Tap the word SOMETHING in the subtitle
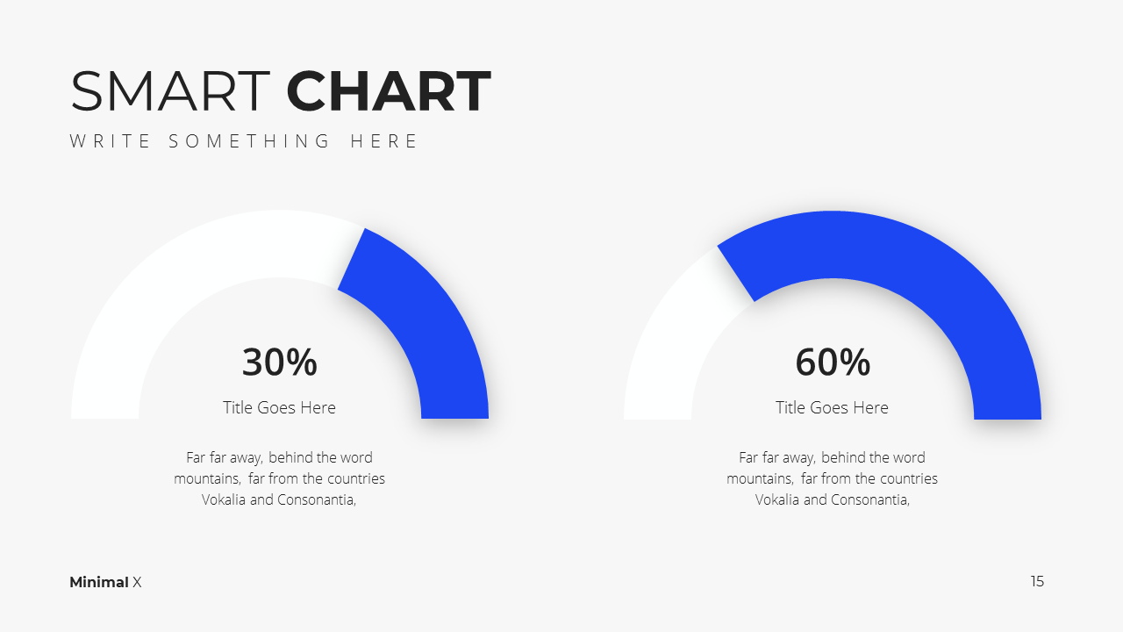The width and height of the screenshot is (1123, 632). (x=248, y=141)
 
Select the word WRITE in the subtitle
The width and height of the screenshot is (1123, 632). (x=110, y=141)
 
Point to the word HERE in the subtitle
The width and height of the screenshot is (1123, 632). (x=383, y=141)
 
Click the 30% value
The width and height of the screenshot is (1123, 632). (x=279, y=363)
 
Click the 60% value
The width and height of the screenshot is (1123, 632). (x=833, y=363)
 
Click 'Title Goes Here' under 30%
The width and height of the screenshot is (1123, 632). (x=279, y=407)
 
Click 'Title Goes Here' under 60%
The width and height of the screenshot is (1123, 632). (x=832, y=407)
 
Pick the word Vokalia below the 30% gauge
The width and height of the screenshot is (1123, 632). (x=224, y=499)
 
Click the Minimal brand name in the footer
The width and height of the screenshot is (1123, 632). (x=99, y=582)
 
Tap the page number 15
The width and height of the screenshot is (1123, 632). (x=1037, y=581)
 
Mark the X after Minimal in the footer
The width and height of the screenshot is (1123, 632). (x=137, y=582)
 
